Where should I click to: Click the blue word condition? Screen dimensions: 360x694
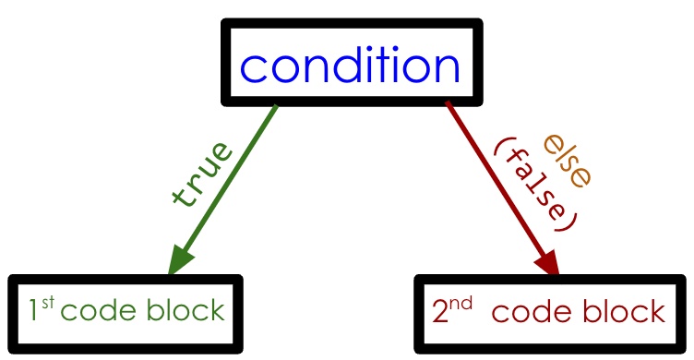tap(350, 66)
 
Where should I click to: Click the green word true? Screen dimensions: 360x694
tap(202, 173)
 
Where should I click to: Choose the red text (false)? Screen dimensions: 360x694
tap(535, 184)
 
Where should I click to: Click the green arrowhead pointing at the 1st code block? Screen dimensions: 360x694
tap(181, 259)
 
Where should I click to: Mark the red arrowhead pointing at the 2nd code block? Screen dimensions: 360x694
tap(545, 259)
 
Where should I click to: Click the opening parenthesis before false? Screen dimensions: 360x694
tap(504, 146)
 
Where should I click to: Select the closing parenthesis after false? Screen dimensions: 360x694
tap(569, 222)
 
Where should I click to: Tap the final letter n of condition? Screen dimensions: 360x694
tap(445, 67)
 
